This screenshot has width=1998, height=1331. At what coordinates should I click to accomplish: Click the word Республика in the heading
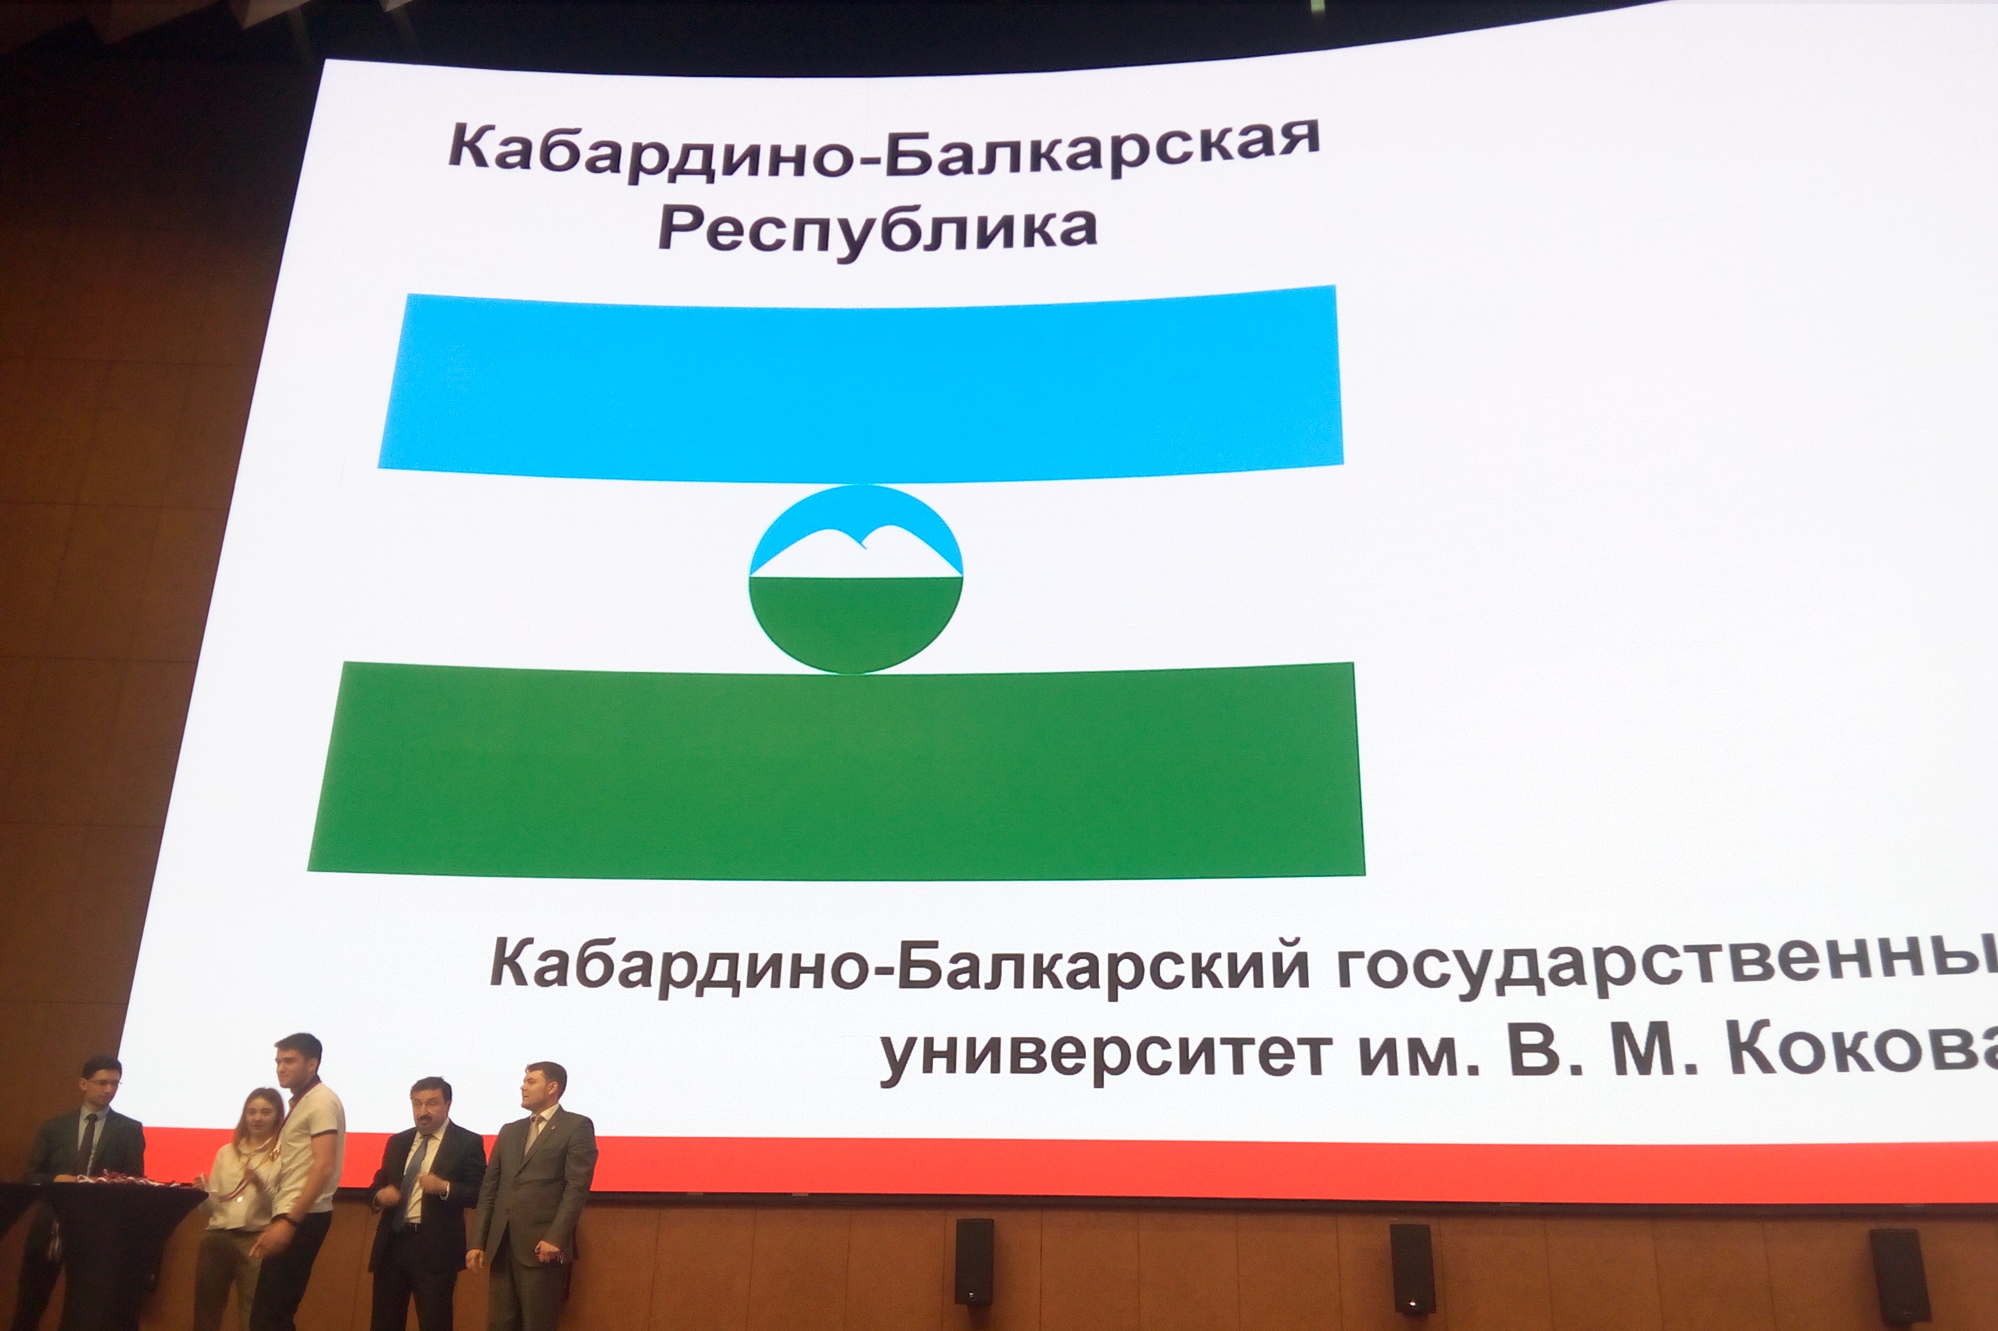[877, 228]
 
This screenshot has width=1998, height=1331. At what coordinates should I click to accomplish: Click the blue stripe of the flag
[859, 383]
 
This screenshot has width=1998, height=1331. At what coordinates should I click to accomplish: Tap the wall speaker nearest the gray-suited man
[973, 1261]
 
